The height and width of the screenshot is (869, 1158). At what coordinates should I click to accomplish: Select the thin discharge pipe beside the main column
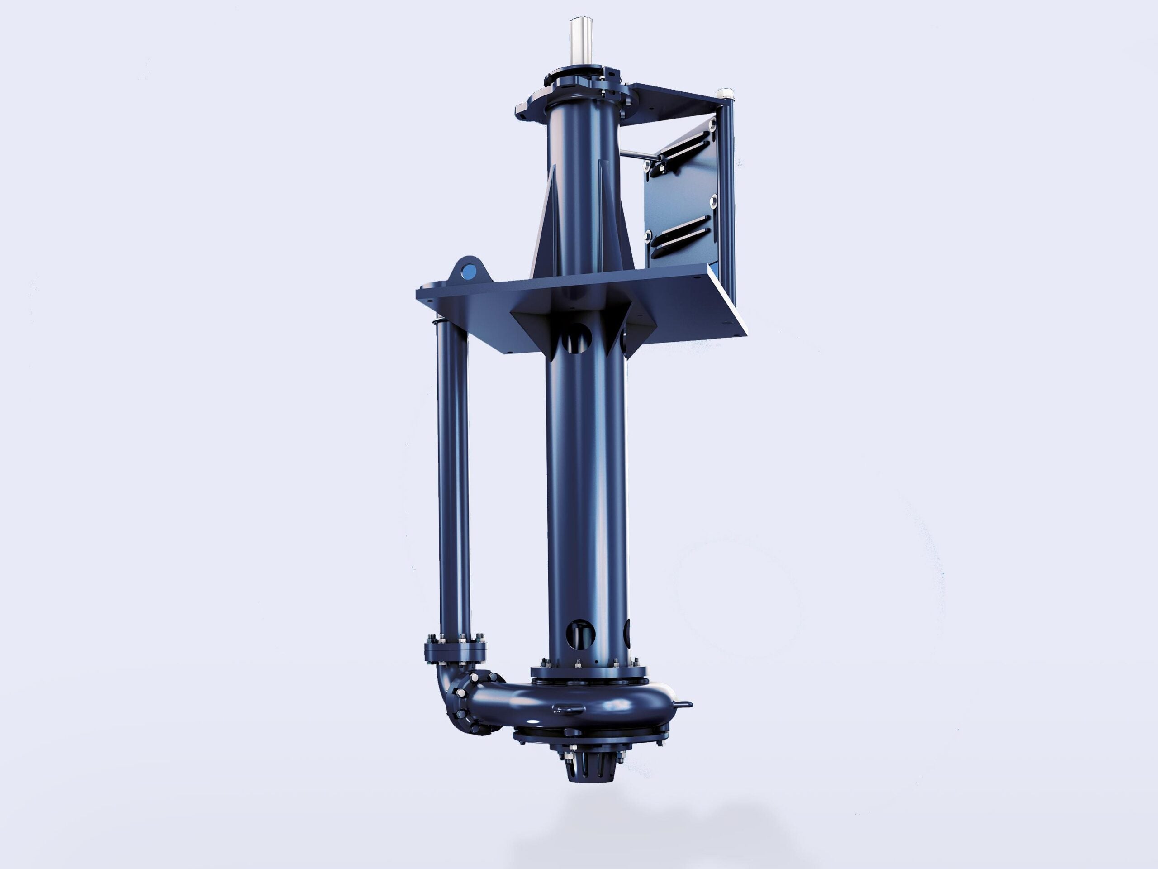[x=453, y=472]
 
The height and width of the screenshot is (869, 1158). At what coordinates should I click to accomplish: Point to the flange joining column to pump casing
[x=588, y=672]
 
